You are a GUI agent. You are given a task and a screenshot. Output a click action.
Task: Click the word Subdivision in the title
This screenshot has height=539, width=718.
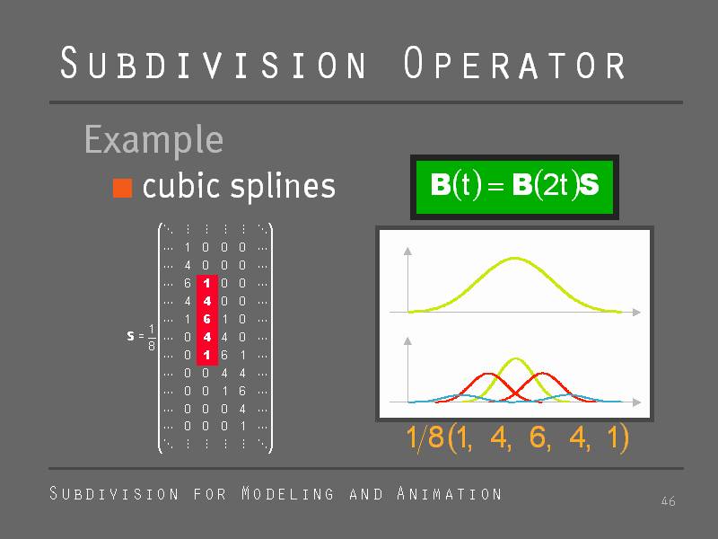pos(214,63)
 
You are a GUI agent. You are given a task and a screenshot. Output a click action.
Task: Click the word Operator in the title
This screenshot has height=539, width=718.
pos(514,63)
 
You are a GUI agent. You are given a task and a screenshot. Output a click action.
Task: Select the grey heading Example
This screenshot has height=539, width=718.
pos(153,140)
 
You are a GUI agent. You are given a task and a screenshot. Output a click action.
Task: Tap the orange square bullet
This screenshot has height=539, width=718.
pos(122,188)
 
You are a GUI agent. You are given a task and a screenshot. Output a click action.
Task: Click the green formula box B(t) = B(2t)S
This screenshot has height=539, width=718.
pos(514,187)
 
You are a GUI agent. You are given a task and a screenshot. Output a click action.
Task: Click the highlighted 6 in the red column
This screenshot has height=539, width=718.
pos(207,319)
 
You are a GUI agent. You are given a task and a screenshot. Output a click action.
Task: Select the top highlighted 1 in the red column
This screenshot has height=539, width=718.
pos(207,283)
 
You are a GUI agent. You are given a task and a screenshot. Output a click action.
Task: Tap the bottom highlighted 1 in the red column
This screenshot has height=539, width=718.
pos(207,355)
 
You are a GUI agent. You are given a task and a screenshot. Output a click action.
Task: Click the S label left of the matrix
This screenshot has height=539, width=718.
pos(130,336)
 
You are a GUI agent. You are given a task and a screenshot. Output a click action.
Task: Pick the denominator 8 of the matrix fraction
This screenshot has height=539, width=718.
pos(152,345)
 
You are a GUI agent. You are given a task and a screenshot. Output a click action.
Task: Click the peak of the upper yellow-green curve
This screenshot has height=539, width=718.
pos(514,258)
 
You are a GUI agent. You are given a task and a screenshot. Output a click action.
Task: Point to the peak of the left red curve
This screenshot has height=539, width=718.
pos(488,374)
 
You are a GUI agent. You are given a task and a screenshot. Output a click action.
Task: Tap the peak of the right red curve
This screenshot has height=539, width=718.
pos(542,373)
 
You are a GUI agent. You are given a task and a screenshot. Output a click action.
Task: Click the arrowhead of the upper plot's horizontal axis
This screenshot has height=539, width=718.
pos(636,312)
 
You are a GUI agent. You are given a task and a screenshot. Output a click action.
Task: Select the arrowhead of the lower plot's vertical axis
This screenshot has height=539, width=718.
pos(407,340)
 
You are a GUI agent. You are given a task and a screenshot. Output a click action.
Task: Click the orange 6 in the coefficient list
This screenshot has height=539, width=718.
pos(537,437)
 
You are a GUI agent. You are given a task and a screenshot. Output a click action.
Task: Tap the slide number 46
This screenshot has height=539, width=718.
pos(668,501)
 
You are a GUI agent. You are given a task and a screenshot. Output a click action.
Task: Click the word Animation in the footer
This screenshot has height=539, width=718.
pos(450,493)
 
